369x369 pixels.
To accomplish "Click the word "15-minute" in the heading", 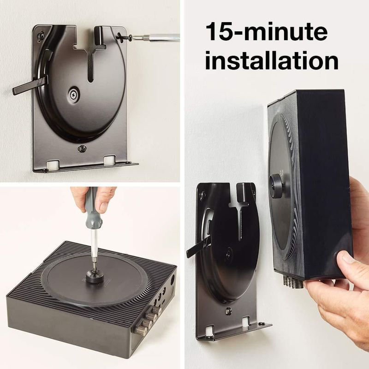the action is point(267,31).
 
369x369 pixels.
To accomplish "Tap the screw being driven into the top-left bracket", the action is point(125,36).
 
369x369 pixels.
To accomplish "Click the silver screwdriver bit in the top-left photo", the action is point(155,37).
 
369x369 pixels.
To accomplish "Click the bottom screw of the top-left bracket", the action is point(82,149).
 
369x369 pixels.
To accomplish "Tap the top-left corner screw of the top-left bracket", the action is point(42,36).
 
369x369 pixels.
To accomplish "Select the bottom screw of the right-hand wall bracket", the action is point(228,311).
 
